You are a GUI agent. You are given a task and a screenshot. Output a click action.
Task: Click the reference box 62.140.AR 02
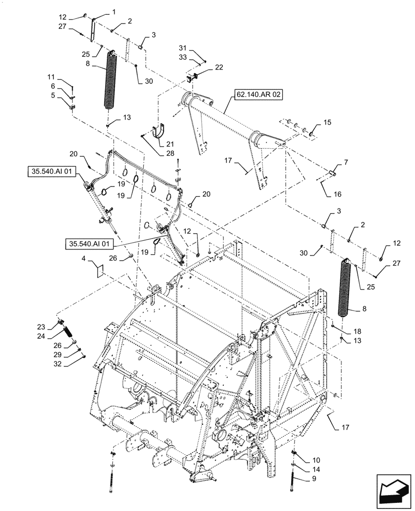click(259, 95)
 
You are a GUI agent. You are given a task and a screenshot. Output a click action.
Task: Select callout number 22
click(204, 67)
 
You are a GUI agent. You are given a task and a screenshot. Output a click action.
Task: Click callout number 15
click(328, 123)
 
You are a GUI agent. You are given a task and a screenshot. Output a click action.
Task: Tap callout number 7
click(346, 162)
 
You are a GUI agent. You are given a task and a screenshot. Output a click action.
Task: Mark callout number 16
click(338, 194)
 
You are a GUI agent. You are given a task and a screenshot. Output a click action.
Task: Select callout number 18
click(350, 331)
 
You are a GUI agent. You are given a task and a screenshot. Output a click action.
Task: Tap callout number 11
click(51, 77)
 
